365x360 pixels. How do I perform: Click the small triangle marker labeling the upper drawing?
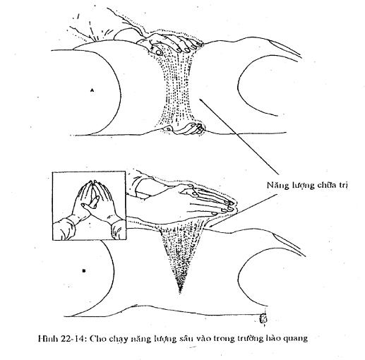coord(92,90)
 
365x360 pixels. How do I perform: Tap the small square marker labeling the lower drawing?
coord(84,271)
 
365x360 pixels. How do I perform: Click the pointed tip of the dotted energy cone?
coord(180,292)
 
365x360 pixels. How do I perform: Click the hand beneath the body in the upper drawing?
coord(186,129)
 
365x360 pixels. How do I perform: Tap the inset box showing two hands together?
coord(89,205)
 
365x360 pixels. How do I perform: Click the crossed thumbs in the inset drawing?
coord(90,204)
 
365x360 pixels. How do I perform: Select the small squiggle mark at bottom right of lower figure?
coord(263,319)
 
